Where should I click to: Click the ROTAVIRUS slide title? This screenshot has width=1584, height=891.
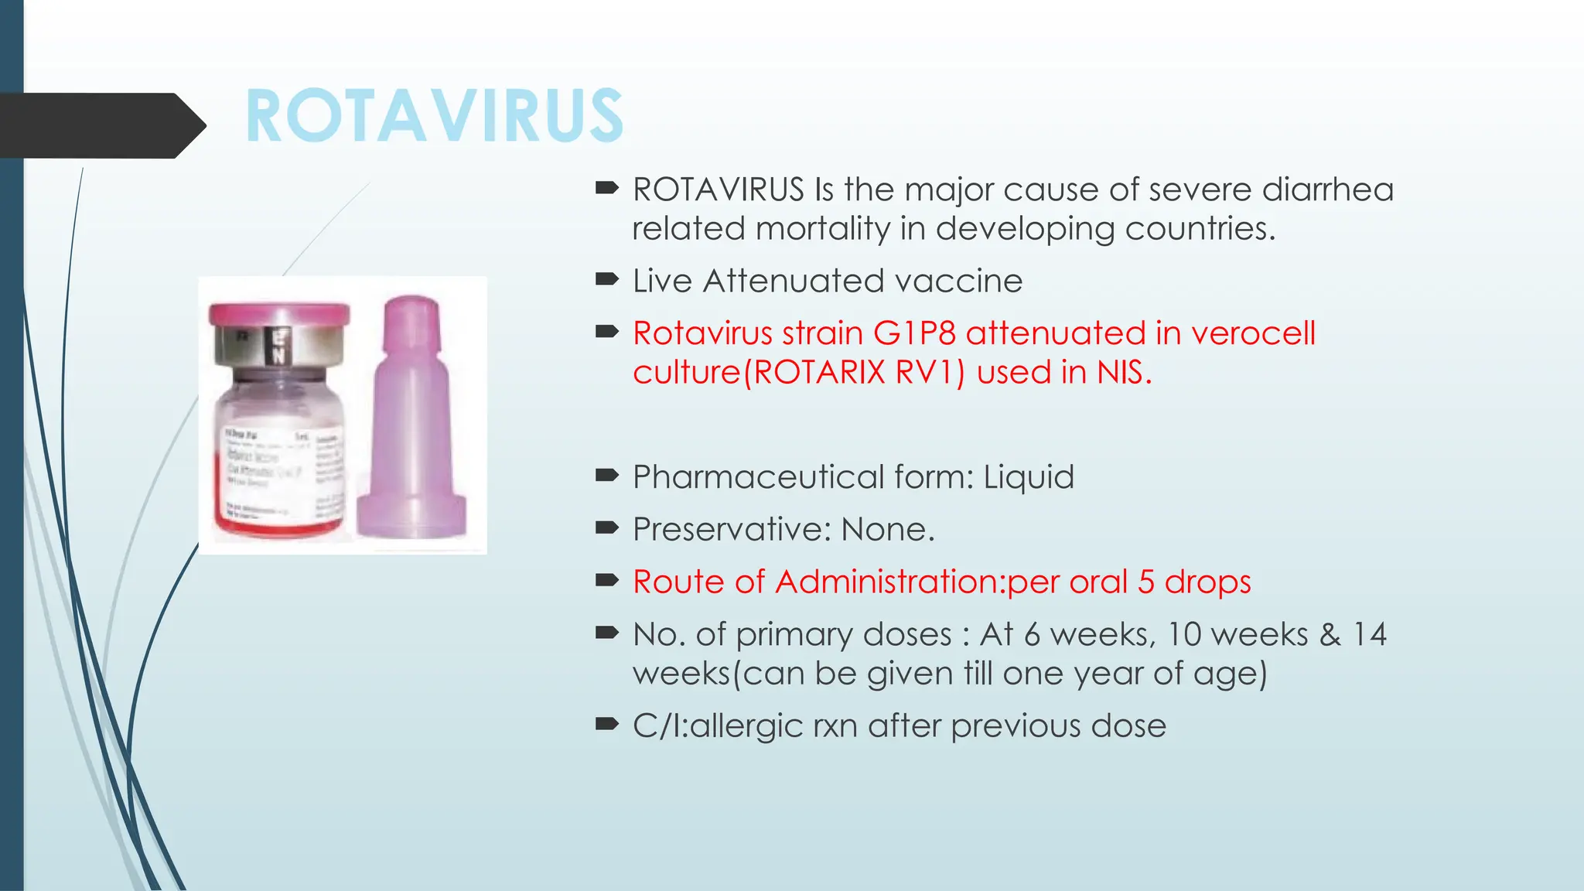[435, 116]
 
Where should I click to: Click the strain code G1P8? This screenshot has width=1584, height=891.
[914, 333]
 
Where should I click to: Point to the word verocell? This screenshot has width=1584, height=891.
[1252, 333]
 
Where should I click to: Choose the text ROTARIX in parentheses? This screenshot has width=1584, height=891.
[819, 373]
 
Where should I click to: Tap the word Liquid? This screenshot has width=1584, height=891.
[1029, 477]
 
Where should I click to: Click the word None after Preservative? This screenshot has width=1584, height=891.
[887, 530]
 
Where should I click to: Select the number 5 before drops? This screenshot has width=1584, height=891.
[1146, 582]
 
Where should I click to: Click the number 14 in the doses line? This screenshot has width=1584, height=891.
[1369, 634]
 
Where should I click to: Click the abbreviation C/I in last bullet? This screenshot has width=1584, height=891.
[658, 725]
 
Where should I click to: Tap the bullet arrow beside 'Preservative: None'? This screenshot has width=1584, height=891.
[606, 529]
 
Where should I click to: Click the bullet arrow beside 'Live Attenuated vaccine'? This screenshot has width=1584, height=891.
[606, 280]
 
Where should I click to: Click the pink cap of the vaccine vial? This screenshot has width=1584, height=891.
[279, 314]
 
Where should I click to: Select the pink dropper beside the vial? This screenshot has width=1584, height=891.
[412, 418]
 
